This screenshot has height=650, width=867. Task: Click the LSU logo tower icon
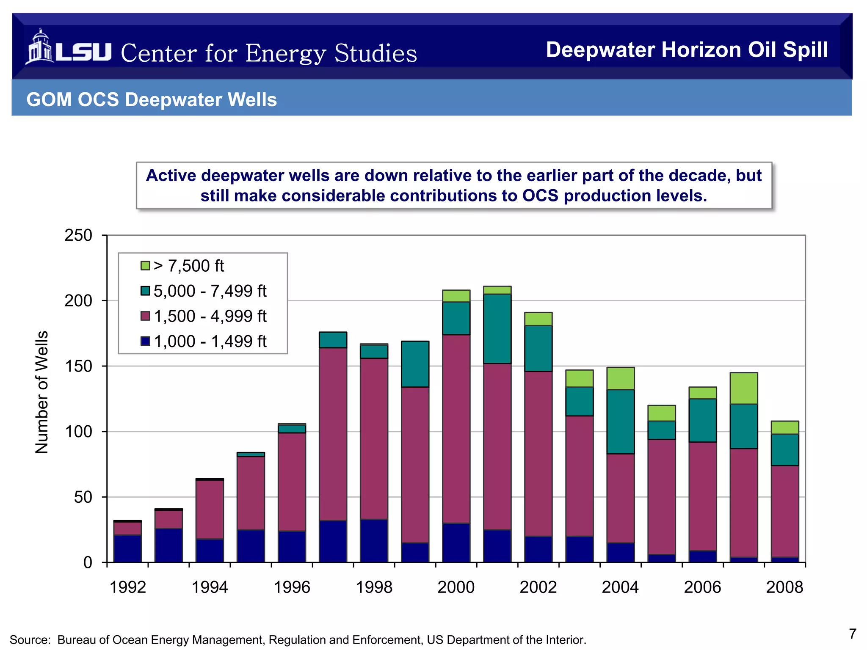tap(40, 47)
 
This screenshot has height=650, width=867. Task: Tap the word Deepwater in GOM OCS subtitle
tap(174, 100)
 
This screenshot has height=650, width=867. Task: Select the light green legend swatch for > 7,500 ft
tap(145, 266)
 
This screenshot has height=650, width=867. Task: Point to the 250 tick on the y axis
tap(78, 235)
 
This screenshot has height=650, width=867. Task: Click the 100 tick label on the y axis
tap(78, 432)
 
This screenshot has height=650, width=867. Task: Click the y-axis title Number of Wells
tap(41, 392)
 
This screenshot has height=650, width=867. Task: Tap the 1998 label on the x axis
tap(374, 587)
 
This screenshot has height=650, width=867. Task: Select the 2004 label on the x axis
tap(620, 587)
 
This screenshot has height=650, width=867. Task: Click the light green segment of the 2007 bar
tap(744, 388)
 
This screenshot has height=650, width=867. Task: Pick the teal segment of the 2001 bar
tap(497, 328)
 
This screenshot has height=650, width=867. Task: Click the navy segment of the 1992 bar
tap(127, 548)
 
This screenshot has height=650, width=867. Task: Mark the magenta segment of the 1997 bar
tap(333, 434)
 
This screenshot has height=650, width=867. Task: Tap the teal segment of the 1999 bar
tap(415, 364)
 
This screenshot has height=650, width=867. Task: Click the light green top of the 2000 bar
tap(456, 296)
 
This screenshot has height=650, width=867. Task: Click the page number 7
tap(853, 633)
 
